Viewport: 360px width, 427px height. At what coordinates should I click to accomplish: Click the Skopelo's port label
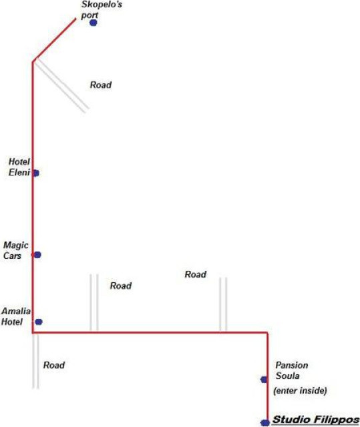coord(102,10)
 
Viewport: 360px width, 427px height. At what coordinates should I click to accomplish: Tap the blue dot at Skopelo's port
coord(94,23)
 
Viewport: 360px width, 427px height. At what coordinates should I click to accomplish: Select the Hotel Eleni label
coord(19,167)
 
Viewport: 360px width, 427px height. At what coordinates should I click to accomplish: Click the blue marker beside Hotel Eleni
coord(36,173)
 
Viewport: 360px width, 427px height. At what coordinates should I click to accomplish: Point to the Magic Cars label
coord(15,250)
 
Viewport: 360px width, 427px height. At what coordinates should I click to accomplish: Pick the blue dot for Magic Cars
coord(37,255)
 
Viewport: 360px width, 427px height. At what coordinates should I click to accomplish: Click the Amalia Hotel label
coord(16,316)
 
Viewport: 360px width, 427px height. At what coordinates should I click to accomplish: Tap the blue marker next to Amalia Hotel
coord(39,322)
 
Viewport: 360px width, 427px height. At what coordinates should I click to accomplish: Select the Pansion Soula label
coord(292,370)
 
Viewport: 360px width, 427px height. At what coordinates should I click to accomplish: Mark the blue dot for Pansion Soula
coord(264,380)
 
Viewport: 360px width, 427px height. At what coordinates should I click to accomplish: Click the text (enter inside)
coord(300,391)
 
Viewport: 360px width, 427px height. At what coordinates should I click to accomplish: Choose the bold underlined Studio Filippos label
coord(316,420)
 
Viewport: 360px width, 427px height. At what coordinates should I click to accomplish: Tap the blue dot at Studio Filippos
coord(264,423)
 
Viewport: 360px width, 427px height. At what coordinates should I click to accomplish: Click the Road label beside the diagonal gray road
coord(101,85)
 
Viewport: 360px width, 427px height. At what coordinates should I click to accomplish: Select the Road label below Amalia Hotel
coord(54,365)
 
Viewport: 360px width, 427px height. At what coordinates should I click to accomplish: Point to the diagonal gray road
coord(61,85)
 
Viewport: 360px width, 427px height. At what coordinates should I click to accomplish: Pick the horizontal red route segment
coord(150,332)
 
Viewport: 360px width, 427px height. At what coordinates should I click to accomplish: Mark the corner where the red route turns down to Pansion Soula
coord(267,332)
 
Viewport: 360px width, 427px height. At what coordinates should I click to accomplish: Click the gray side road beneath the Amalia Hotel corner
coord(35,361)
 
